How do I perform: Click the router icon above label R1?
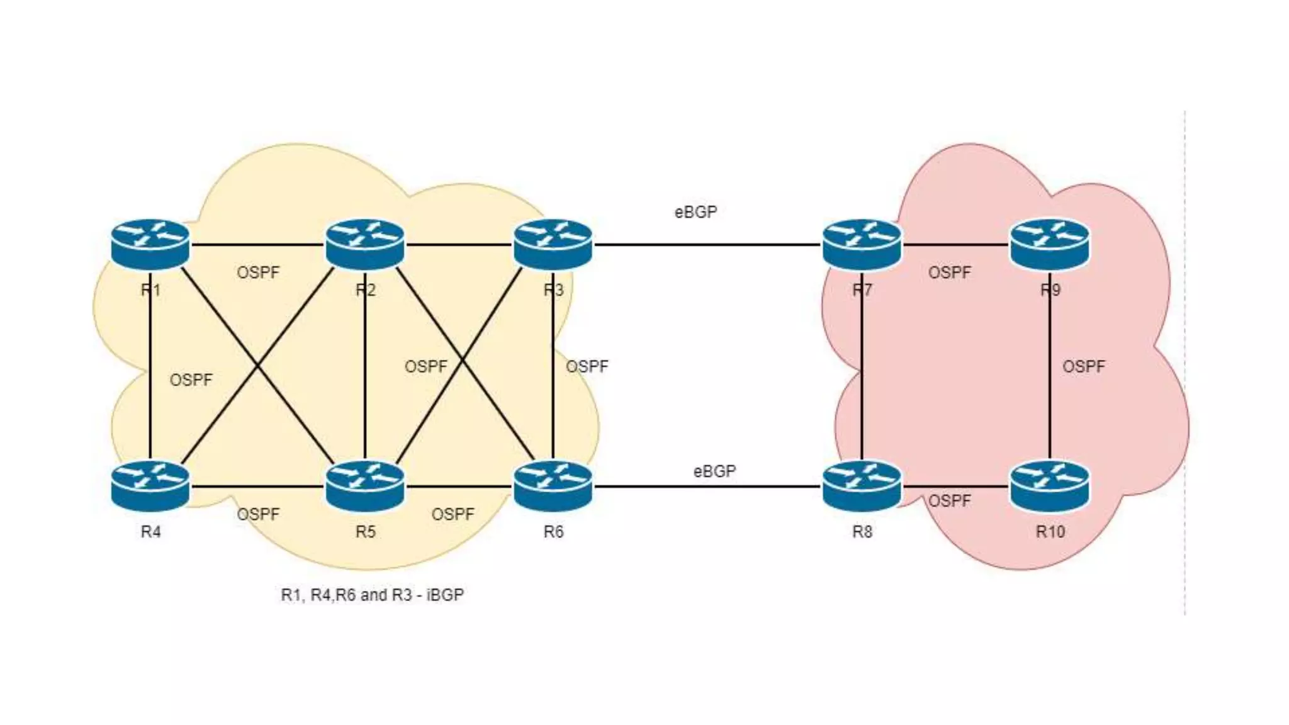pos(150,244)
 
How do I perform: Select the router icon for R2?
pos(365,244)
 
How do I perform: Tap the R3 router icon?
pos(553,244)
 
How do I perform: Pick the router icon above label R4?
pos(150,486)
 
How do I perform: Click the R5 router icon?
pos(365,486)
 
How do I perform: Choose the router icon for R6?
pos(553,486)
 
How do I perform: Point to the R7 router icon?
pos(862,244)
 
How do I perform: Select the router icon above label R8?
pos(862,486)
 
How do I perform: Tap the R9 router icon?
pos(1049,244)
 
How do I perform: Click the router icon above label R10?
pos(1049,486)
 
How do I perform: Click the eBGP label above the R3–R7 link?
pos(695,212)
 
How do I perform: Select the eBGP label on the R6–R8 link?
pos(714,471)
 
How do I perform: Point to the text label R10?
pos(1050,532)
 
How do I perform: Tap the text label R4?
pos(150,532)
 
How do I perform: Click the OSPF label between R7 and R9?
pos(949,273)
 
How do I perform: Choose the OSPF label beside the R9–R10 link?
pos(1083,366)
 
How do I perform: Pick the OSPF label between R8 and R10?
pos(949,501)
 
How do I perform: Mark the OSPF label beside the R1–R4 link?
pos(191,379)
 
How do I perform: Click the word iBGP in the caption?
pos(445,595)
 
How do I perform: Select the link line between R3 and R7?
pos(705,245)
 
